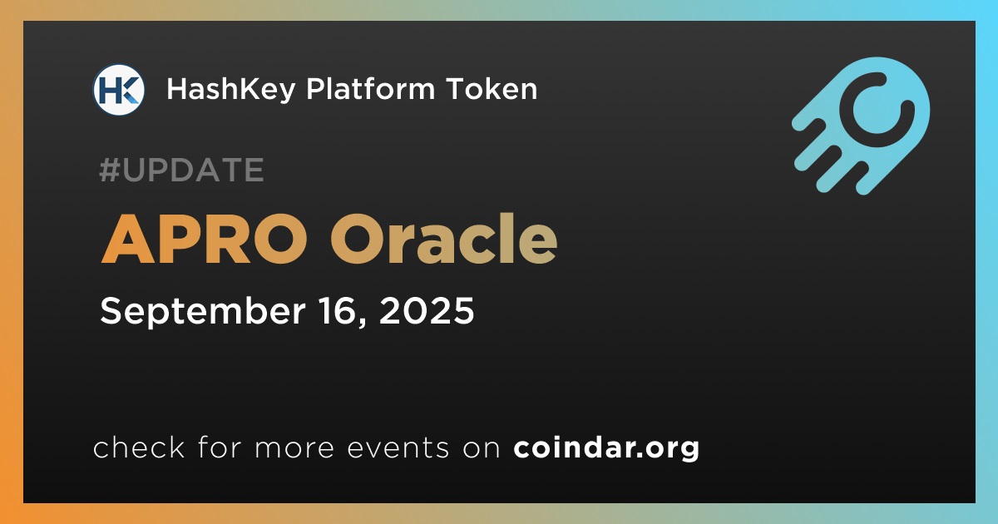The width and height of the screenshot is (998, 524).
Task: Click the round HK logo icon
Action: tap(118, 90)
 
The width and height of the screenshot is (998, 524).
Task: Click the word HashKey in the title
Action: tap(231, 90)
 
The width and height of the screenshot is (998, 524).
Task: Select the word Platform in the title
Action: tap(370, 88)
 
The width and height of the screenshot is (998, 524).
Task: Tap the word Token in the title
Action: tap(492, 88)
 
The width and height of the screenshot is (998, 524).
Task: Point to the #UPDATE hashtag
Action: tap(182, 170)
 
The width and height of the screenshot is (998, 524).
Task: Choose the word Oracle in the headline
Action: tap(444, 239)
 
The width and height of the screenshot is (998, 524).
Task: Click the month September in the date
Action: tap(203, 312)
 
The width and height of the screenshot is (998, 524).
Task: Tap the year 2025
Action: tap(427, 310)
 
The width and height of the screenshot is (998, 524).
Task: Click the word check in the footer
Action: tap(139, 447)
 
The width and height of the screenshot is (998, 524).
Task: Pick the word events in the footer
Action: tap(398, 447)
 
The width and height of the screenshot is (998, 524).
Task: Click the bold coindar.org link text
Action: tap(606, 448)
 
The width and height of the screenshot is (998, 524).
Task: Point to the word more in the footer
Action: tap(294, 448)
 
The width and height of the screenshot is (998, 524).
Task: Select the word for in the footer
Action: tap(220, 447)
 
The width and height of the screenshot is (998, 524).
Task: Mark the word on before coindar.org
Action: tap(482, 448)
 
